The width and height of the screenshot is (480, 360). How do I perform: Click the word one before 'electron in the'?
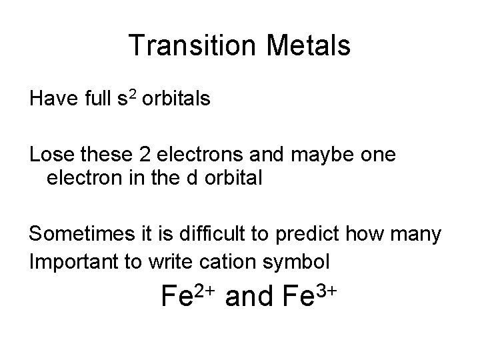(375, 155)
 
